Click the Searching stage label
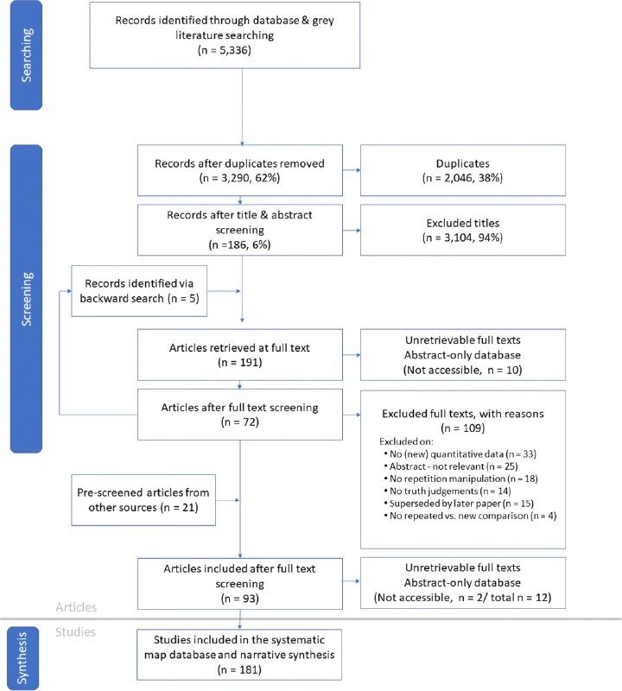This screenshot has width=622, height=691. tap(27, 55)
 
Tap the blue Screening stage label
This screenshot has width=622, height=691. tap(27, 299)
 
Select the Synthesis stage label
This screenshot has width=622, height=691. tap(22, 658)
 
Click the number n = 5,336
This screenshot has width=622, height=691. tap(225, 50)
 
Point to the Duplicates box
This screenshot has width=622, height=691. tap(463, 170)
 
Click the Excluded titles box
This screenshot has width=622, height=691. tap(463, 230)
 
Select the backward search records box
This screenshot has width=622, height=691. tap(139, 291)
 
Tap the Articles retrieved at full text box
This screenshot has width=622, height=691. tap(240, 355)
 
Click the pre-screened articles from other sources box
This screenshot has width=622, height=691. tap(143, 500)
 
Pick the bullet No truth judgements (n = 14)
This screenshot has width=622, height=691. tap(447, 491)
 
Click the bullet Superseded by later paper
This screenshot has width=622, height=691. tap(459, 504)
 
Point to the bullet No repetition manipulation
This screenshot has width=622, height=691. tap(460, 479)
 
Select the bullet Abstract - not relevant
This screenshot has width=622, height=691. tap(451, 466)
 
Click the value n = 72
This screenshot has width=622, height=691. tap(240, 422)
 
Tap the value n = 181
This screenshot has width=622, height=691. tap(240, 670)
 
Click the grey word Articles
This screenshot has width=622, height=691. tap(76, 607)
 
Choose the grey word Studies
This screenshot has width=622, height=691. tap(75, 632)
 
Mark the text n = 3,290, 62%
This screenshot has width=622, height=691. tap(240, 178)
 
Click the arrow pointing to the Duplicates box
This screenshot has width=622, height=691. tap(352, 170)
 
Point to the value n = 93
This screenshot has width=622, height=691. tap(240, 599)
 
